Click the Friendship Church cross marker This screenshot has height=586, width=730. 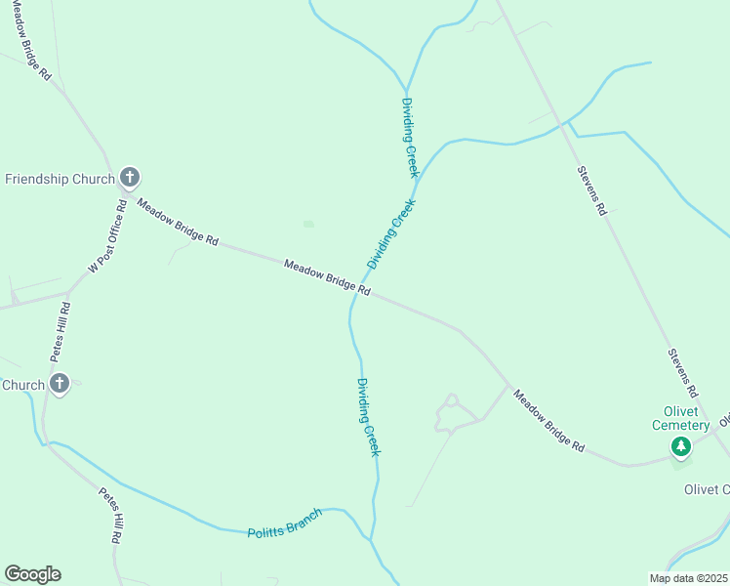(130, 178)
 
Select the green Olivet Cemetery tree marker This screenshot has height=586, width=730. (680, 447)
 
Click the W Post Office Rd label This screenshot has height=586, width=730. (108, 236)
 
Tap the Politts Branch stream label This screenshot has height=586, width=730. (284, 523)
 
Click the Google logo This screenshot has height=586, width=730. (32, 574)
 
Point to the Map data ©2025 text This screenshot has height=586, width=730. (688, 578)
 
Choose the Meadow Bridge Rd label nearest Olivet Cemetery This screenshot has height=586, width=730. (549, 421)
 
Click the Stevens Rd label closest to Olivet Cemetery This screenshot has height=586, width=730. (682, 372)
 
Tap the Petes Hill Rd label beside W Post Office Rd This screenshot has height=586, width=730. (64, 333)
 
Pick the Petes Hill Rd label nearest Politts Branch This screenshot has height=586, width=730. (109, 515)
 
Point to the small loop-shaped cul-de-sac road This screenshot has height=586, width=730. (451, 402)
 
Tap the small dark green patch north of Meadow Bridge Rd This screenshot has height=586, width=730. (308, 224)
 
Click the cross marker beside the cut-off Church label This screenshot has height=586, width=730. (59, 384)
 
